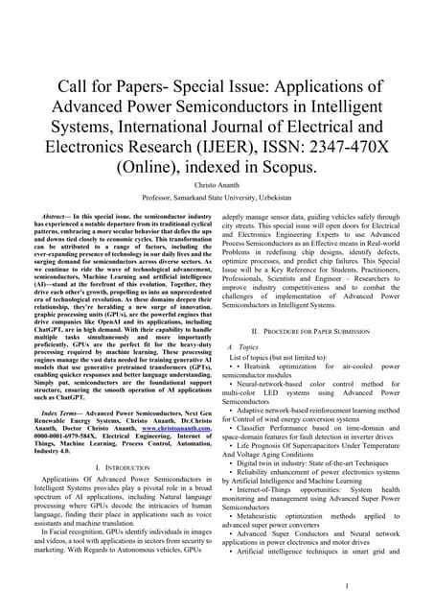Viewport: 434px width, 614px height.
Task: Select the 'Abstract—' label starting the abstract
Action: (54, 219)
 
